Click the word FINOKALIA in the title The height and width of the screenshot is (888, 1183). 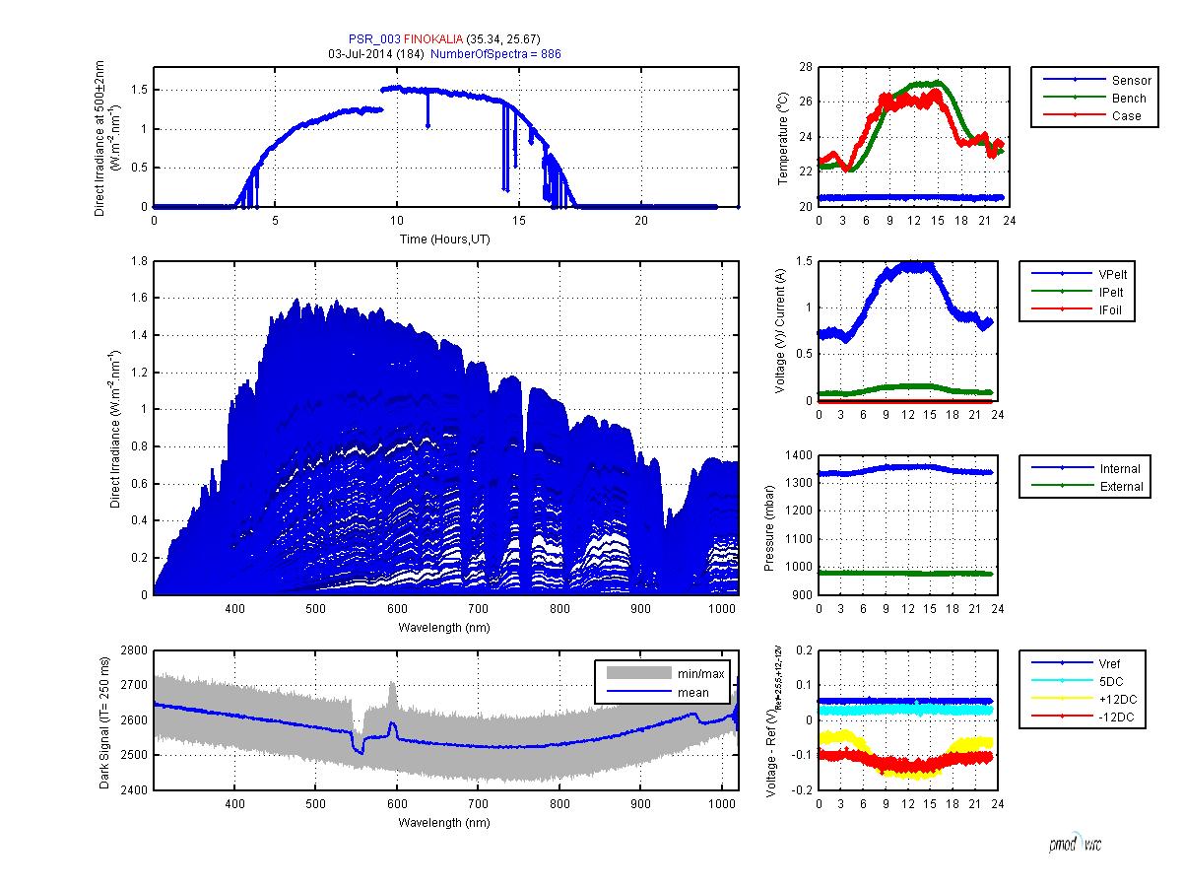pyautogui.click(x=434, y=39)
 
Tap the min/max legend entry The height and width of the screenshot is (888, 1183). pyautogui.click(x=699, y=674)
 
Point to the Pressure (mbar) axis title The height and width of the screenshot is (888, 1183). pyautogui.click(x=770, y=524)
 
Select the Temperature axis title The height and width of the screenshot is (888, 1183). pyautogui.click(x=782, y=137)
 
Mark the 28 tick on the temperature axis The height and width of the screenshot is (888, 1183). pyautogui.click(x=805, y=67)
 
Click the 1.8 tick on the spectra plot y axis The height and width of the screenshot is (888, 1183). pyautogui.click(x=139, y=261)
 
